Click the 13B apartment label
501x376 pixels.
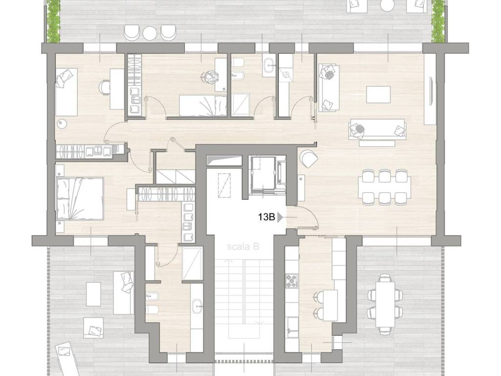tap(267, 217)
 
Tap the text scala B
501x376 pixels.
tap(243, 247)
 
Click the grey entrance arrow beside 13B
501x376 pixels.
tap(280, 217)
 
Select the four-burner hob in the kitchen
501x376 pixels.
tap(292, 281)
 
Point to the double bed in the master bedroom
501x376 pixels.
tap(80, 199)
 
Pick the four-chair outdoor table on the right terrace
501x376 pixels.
tap(385, 304)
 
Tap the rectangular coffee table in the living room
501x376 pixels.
tap(378, 94)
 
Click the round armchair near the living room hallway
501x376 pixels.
tap(308, 158)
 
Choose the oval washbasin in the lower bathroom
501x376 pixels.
tap(197, 306)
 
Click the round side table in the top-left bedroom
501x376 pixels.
tap(61, 124)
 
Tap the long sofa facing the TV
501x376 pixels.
tap(377, 129)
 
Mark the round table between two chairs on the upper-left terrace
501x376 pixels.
tap(149, 33)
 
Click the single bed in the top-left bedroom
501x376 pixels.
tap(67, 92)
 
